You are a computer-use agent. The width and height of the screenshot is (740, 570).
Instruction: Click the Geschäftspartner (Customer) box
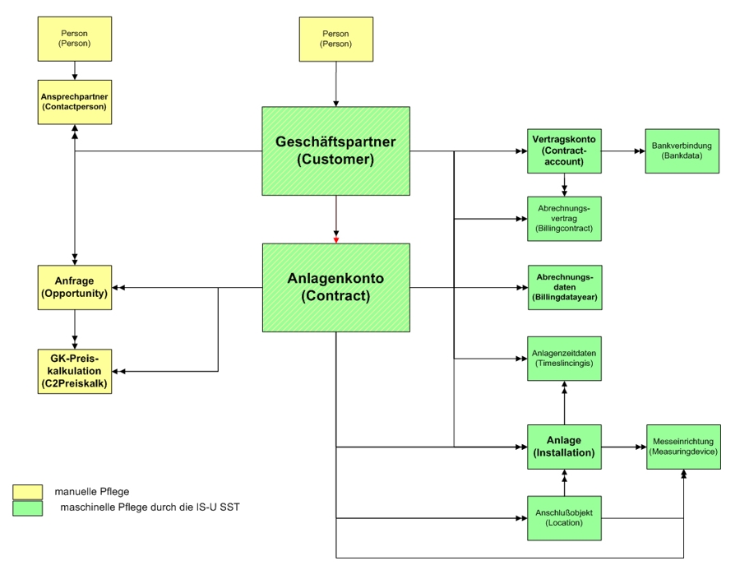point(335,151)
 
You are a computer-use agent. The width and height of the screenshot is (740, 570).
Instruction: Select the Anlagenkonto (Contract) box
point(335,287)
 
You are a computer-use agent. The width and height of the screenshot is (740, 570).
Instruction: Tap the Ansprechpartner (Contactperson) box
point(75,101)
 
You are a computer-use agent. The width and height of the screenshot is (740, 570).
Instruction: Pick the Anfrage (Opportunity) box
point(75,287)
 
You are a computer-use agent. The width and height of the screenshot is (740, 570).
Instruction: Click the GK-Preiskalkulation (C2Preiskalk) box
point(75,371)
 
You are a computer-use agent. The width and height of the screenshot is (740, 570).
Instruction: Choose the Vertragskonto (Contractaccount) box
point(564,151)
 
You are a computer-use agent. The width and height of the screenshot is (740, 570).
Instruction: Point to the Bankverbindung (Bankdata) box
point(682,151)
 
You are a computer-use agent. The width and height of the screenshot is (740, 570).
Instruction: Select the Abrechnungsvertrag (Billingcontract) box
point(564,218)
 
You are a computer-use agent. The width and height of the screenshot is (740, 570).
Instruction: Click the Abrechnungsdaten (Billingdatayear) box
point(564,287)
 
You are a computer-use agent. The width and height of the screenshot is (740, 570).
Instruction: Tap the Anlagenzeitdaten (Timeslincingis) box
point(564,358)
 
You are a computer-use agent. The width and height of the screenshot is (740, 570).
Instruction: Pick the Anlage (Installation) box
point(564,447)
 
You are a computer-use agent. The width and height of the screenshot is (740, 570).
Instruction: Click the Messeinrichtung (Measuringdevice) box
point(682,447)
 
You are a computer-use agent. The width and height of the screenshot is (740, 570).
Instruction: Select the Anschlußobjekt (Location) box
point(564,517)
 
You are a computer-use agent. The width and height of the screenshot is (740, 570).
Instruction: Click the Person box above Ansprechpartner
point(75,39)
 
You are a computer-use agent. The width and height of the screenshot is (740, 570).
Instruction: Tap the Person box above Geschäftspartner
point(335,39)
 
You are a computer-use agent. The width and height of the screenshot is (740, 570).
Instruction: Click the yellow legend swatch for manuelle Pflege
point(27,492)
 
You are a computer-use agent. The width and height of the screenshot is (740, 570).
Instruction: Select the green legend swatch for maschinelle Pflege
point(27,508)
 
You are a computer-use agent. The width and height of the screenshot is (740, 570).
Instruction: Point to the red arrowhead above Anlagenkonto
point(335,239)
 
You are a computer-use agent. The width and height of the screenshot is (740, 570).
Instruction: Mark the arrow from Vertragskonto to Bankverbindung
point(622,151)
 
